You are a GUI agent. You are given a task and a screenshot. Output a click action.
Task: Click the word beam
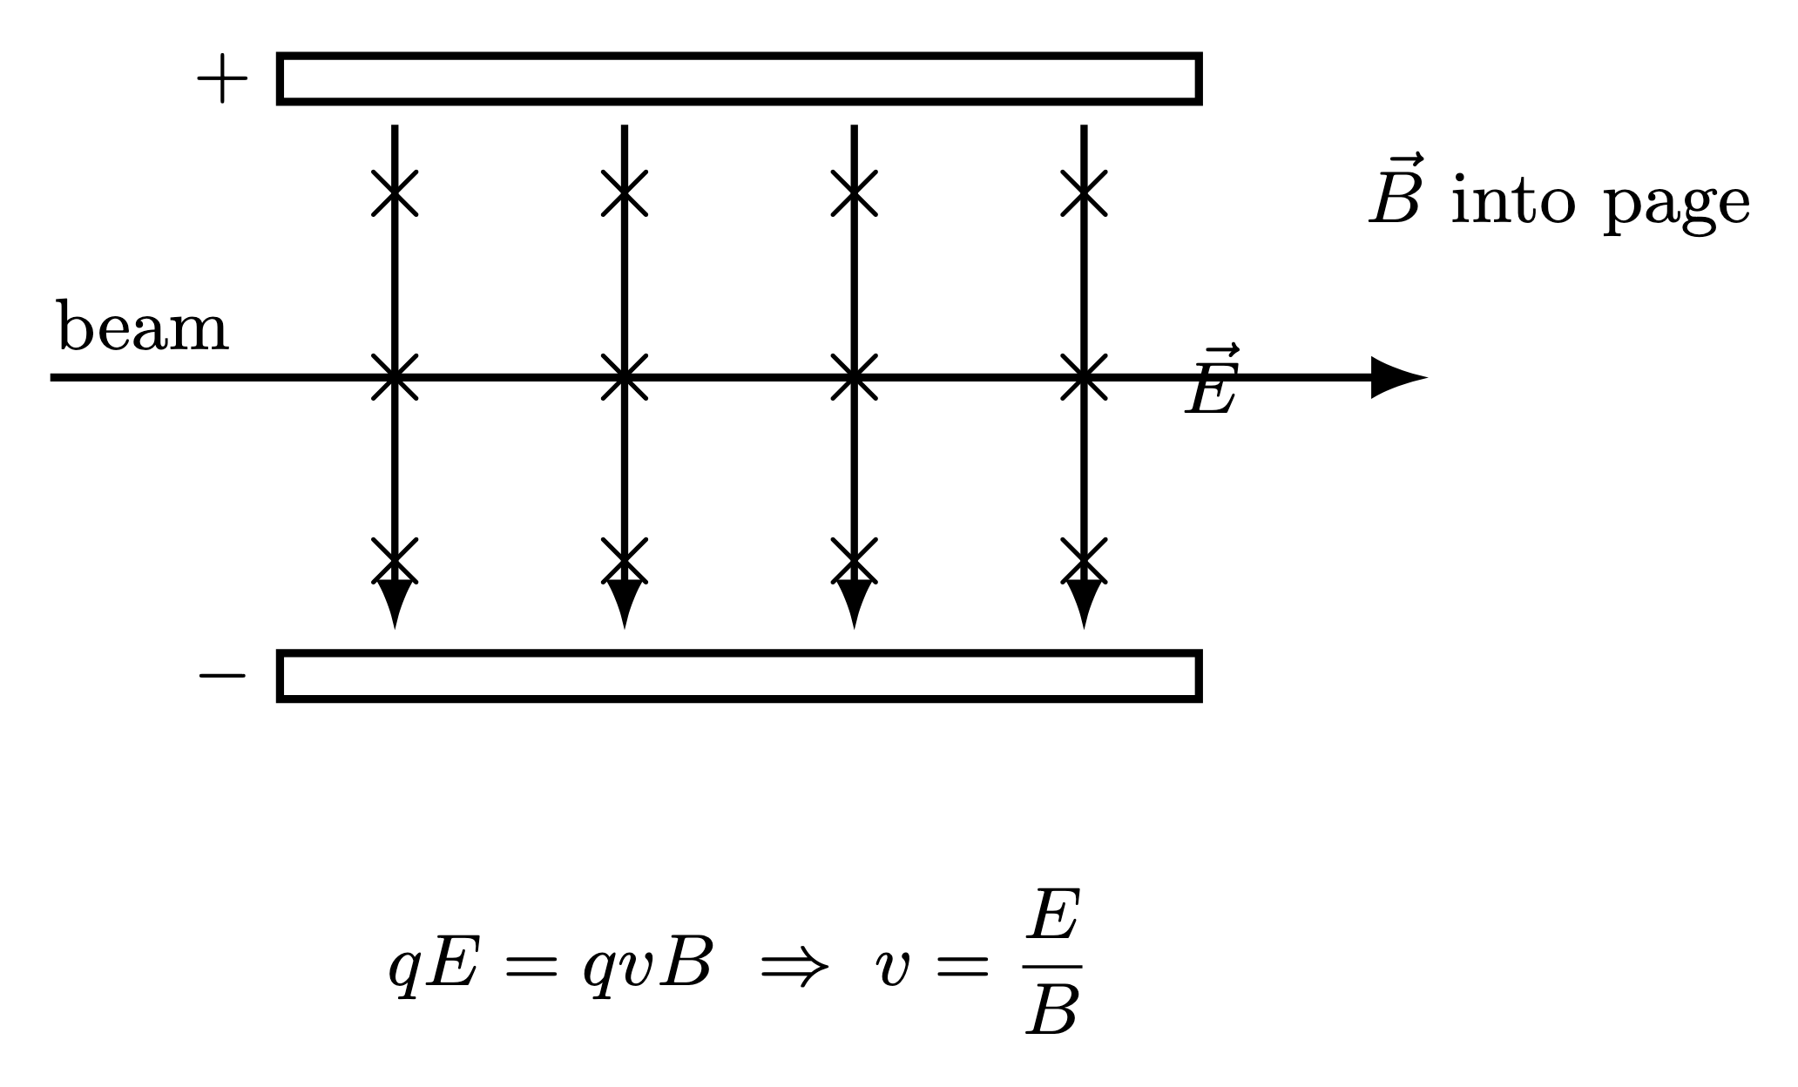[x=143, y=328]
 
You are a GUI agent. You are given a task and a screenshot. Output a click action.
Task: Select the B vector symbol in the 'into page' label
[x=1396, y=193]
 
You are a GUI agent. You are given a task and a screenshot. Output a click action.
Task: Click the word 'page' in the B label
[x=1677, y=206]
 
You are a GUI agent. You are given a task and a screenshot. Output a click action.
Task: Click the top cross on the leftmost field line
[x=395, y=192]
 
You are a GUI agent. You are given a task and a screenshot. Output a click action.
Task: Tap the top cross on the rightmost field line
[x=1084, y=192]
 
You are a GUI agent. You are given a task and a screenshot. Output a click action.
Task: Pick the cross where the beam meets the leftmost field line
[x=395, y=377]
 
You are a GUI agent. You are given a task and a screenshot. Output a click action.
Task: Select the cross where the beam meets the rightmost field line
[x=1084, y=377]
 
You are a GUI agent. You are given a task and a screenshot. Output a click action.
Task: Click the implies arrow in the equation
[x=792, y=967]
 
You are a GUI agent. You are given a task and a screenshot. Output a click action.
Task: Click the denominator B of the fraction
[x=1053, y=1010]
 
